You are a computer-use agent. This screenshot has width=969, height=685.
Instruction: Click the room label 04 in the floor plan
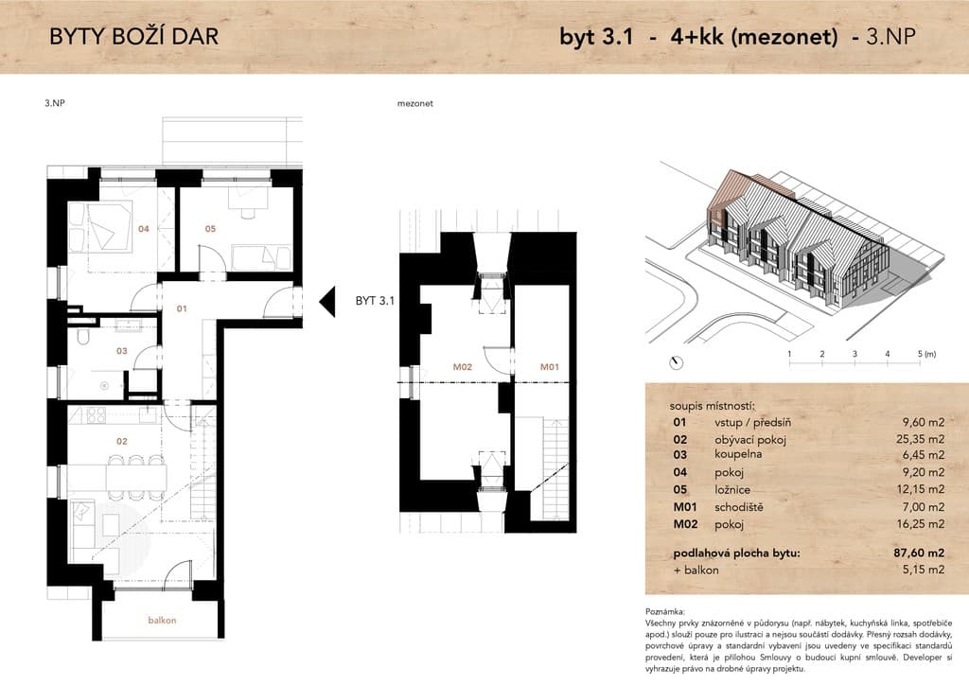pos(144,229)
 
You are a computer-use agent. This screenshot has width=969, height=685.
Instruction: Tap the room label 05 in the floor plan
pos(210,229)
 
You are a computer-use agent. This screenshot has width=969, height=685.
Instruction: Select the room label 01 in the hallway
pos(181,308)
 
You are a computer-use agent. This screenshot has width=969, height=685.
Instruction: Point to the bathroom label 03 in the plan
pos(122,351)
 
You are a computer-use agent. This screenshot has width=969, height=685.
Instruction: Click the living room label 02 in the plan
pos(122,441)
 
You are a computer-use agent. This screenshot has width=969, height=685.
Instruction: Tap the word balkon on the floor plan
pos(162,620)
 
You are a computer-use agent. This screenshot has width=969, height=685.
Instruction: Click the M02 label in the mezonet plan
pos(462,367)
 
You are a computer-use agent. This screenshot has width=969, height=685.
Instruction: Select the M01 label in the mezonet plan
pos(550,367)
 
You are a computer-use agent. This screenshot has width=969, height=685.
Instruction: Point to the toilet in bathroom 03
pos(83,337)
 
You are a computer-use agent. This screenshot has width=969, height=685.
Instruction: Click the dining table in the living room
pos(136,477)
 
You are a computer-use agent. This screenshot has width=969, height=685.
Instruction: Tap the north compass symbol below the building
pos(676,363)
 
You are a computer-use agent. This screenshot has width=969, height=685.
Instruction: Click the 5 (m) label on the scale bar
pos(926,354)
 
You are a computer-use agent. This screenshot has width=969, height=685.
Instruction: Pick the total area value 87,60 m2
pos(919,553)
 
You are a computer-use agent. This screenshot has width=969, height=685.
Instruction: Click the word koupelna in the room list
pos(738,454)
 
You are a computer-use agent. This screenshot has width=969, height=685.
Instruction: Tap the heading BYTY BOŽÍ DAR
pos(134,37)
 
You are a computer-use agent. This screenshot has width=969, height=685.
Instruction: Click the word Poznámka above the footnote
pos(665,611)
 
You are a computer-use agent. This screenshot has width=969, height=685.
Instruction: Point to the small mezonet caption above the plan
pos(414,104)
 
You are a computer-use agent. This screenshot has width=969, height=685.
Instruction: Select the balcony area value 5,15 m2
pos(924,570)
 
